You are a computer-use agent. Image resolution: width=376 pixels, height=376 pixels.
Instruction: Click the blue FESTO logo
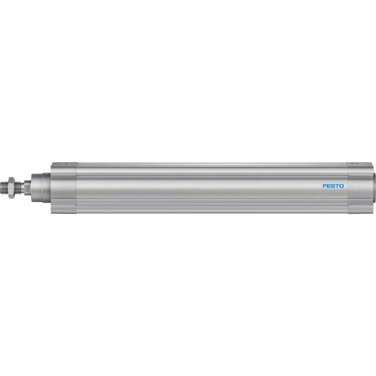click(333, 186)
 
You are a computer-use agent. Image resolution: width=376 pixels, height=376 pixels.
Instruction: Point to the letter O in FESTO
click(341, 186)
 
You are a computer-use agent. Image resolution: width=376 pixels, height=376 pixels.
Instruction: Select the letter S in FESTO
click(333, 186)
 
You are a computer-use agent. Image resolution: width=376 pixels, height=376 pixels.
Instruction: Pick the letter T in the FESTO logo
click(337, 186)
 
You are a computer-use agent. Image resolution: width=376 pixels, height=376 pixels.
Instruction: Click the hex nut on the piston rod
click(11, 184)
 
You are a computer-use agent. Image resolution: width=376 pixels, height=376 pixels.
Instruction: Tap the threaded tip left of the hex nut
click(4, 184)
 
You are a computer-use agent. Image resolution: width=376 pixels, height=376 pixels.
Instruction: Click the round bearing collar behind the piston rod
click(41, 184)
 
